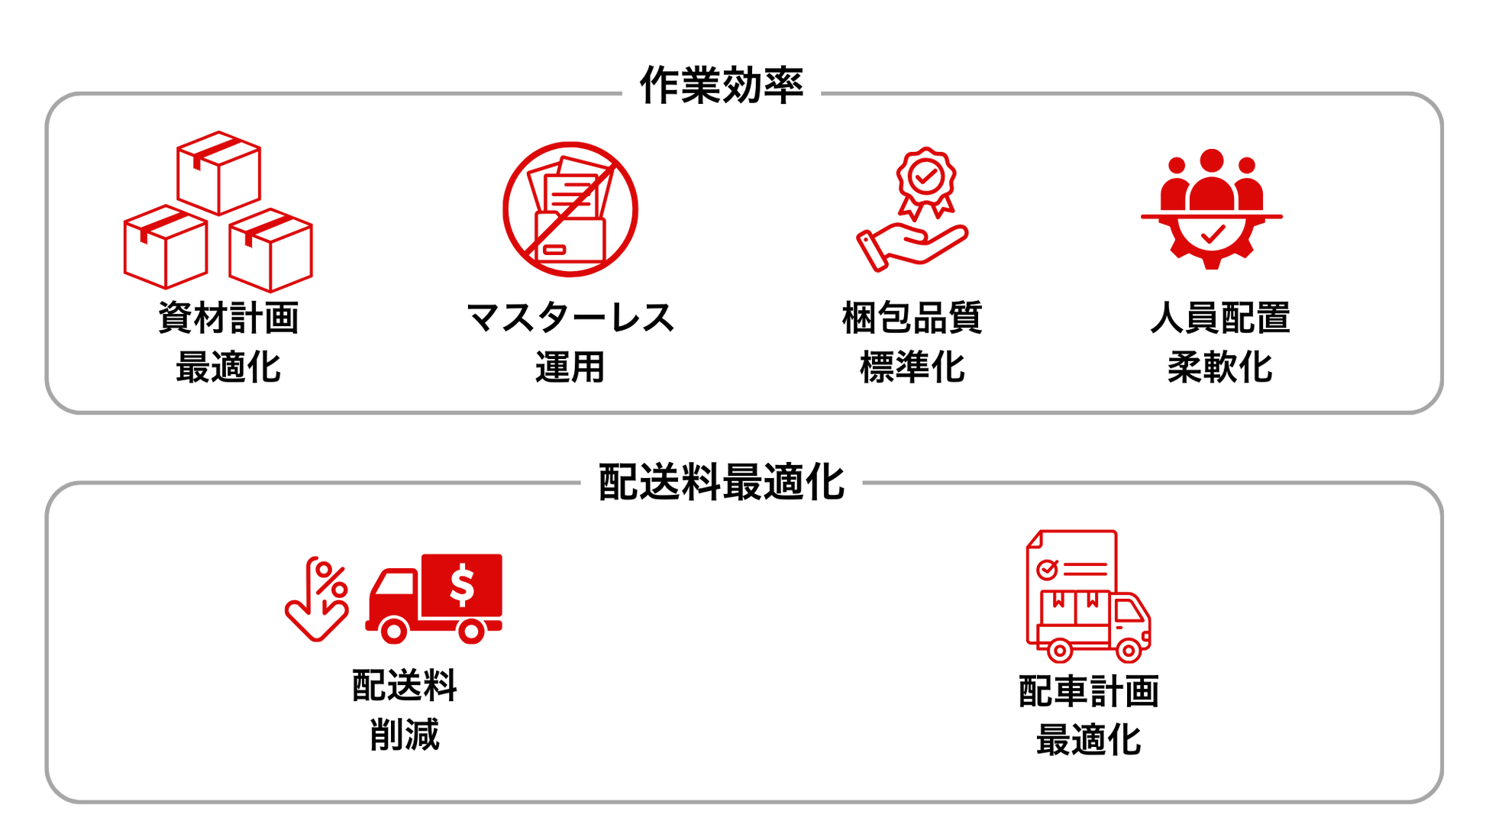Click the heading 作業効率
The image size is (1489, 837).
pos(721,85)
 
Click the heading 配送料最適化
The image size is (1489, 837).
pos(721,481)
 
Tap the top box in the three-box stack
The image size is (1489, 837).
pos(220,172)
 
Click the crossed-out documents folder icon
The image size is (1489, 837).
pos(570,208)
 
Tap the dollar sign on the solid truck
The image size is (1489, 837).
pos(461,585)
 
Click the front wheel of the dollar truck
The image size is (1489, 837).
pos(392,631)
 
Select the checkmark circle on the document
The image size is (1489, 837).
pos(1045,567)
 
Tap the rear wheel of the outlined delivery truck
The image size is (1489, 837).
pos(1059,651)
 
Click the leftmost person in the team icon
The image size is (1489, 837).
pos(1176,183)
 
